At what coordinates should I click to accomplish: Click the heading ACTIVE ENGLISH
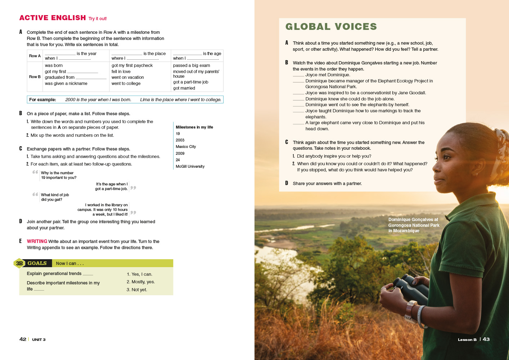tap(53, 18)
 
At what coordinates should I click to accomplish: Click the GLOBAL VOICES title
tap(331, 27)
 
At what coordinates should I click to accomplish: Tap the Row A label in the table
tap(35, 56)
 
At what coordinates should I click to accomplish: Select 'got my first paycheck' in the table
tap(132, 66)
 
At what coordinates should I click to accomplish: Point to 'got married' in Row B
tap(184, 88)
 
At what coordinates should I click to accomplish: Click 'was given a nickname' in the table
tap(66, 84)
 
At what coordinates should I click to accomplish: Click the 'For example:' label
tap(42, 100)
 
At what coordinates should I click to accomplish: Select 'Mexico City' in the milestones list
tap(186, 147)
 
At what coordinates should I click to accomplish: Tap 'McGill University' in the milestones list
tap(190, 166)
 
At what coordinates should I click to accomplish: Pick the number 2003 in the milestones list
tap(180, 140)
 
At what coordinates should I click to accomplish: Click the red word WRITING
tap(37, 242)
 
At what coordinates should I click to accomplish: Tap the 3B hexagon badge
tap(19, 264)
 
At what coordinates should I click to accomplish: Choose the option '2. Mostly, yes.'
tap(140, 282)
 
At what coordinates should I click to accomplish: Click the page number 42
tap(23, 339)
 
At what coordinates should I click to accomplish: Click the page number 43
tap(486, 339)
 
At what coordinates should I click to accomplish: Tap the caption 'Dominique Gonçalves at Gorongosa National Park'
tap(414, 225)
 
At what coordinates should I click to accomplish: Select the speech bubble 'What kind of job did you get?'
tap(55, 197)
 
